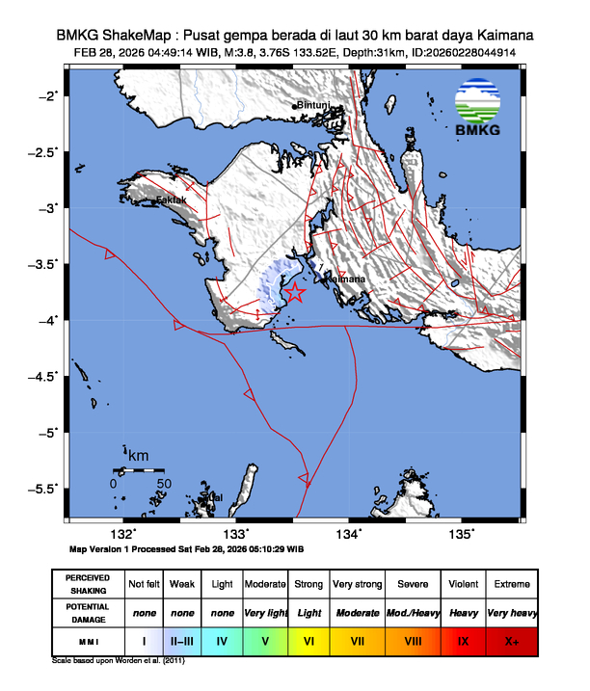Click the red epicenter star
click(295, 293)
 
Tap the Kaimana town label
click(345, 279)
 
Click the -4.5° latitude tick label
click(44, 375)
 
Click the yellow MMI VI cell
click(308, 639)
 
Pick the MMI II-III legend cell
click(182, 639)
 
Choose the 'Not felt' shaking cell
click(144, 584)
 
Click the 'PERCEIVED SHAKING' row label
click(87, 584)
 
